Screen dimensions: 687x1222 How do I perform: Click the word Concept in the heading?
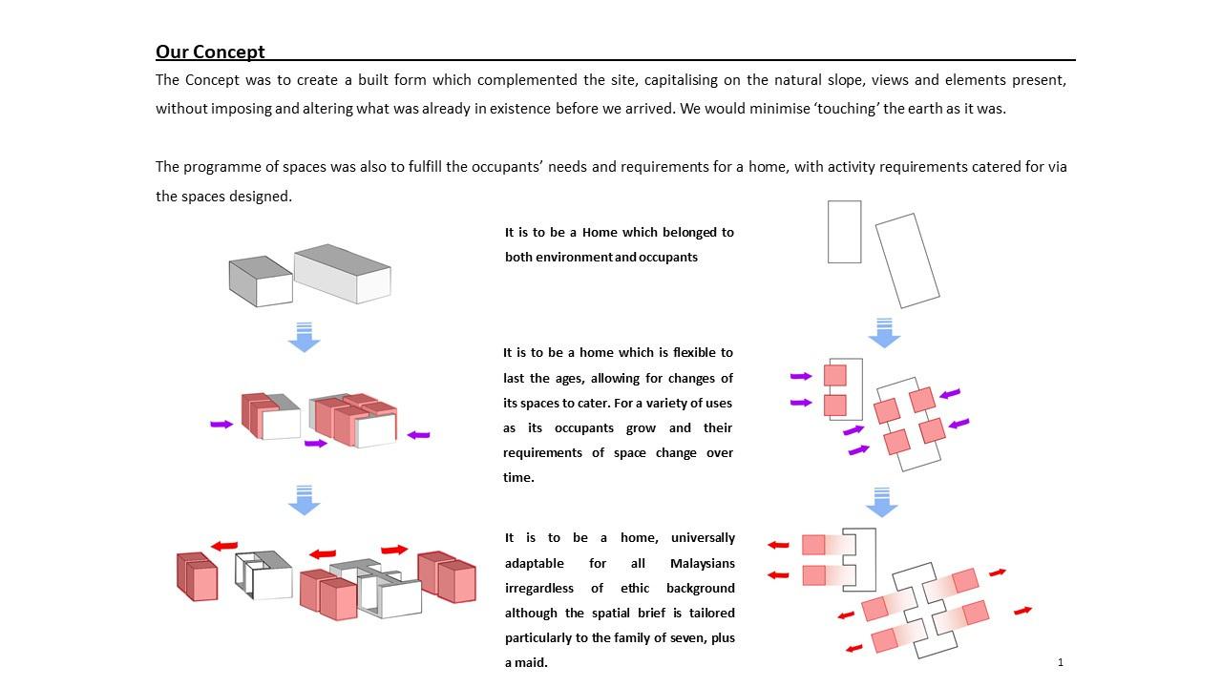[229, 52]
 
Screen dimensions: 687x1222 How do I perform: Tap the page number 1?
[1060, 661]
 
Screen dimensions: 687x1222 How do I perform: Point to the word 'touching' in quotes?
[842, 109]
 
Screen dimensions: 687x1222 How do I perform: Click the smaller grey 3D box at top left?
[260, 281]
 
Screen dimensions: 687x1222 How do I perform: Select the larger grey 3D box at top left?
[343, 274]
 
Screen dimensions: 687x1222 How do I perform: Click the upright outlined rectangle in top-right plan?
[844, 231]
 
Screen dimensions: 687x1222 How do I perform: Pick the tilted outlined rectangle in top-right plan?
[907, 260]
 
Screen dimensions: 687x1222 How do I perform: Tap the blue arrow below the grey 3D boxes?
[304, 338]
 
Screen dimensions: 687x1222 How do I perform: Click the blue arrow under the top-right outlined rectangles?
[884, 333]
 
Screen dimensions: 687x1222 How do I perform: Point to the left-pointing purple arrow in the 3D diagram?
[418, 435]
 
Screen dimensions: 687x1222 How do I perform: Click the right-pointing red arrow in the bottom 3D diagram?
[394, 550]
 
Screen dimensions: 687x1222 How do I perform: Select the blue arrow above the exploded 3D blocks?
[304, 501]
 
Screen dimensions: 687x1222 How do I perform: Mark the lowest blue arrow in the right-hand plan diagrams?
[881, 502]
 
